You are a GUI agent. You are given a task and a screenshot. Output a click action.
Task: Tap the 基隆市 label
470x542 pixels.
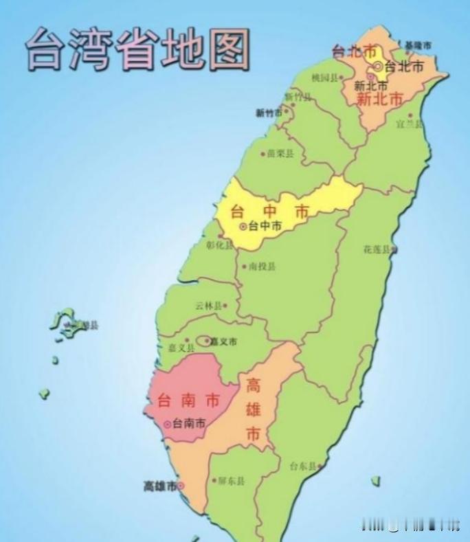point(418,45)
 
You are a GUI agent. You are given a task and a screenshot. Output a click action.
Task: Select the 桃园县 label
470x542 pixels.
point(325,78)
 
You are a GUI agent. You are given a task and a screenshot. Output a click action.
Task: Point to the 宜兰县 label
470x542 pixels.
point(410,124)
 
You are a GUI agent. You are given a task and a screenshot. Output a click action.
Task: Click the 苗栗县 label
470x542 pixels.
point(280,154)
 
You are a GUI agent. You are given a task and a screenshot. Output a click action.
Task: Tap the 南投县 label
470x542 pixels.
point(262,267)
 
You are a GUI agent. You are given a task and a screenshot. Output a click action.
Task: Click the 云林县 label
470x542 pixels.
point(208,306)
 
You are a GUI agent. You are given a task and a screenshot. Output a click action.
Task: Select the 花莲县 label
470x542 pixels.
point(377,249)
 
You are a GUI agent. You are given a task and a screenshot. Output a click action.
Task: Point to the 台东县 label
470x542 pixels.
point(303,466)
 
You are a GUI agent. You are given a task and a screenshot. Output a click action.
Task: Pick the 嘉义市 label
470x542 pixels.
point(223,341)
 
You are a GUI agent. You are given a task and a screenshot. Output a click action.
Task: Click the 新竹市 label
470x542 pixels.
point(269,113)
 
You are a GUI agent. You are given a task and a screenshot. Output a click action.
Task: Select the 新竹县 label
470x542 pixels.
point(299,97)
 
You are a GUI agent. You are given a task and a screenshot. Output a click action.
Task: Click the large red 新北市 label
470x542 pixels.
point(379,99)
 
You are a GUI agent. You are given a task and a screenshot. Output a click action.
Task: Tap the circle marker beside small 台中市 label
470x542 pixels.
point(242,226)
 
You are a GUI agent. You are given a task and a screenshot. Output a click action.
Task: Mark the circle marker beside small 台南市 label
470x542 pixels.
point(167,425)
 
